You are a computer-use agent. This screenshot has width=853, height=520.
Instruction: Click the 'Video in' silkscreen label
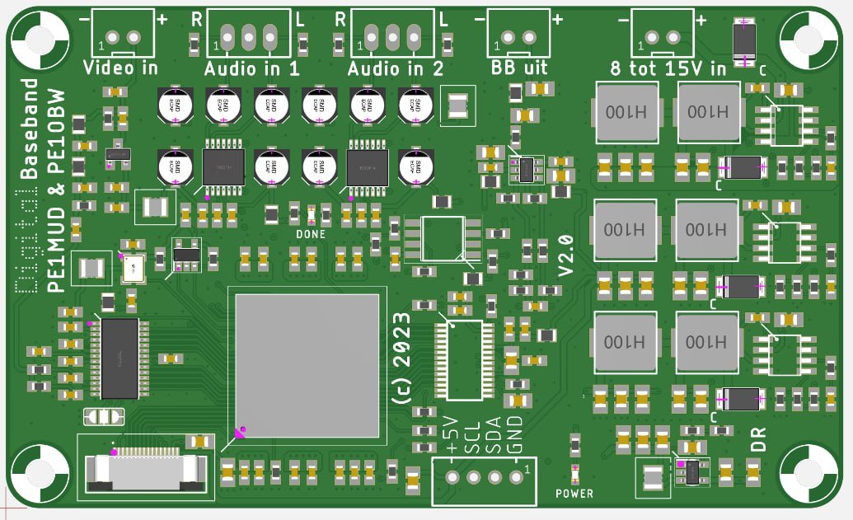120,68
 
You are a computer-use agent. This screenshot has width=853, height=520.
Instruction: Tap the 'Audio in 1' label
251,68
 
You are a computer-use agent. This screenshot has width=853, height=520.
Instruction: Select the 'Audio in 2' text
396,68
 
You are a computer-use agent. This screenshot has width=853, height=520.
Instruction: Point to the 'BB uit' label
519,68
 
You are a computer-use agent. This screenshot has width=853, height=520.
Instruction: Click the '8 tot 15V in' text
668,68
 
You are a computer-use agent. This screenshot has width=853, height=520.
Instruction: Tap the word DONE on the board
311,235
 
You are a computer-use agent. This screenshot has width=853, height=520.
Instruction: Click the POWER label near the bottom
574,494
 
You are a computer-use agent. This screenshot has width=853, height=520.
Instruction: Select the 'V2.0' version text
566,255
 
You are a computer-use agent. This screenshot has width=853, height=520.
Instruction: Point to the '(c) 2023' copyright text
401,358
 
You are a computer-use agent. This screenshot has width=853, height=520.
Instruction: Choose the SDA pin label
494,436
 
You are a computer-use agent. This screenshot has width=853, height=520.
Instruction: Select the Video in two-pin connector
123,35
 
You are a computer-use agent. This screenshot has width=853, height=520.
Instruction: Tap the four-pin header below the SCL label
484,478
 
